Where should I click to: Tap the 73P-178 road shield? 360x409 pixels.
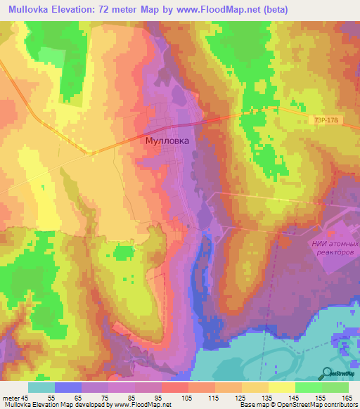[x=324, y=121]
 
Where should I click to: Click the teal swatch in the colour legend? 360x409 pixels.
[x=41, y=387]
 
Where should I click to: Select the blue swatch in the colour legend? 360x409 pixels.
[x=68, y=387]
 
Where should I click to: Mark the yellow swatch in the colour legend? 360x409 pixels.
[x=282, y=387]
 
